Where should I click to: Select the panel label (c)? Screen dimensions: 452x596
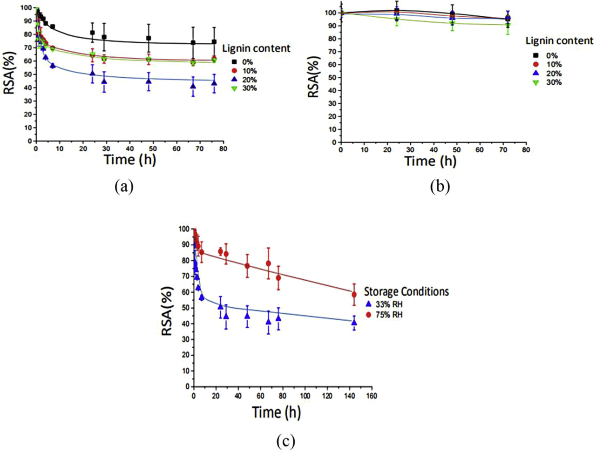tap(285, 440)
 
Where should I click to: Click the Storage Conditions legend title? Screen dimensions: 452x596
tap(406, 292)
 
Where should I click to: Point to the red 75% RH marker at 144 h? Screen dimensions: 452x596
tap(354, 294)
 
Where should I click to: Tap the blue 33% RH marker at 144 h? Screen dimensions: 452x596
tap(354, 322)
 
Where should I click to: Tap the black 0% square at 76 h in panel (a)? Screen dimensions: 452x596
tap(214, 42)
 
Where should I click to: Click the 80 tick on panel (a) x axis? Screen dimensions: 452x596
tap(223, 149)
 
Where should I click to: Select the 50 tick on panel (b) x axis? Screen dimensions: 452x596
tap(456, 150)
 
